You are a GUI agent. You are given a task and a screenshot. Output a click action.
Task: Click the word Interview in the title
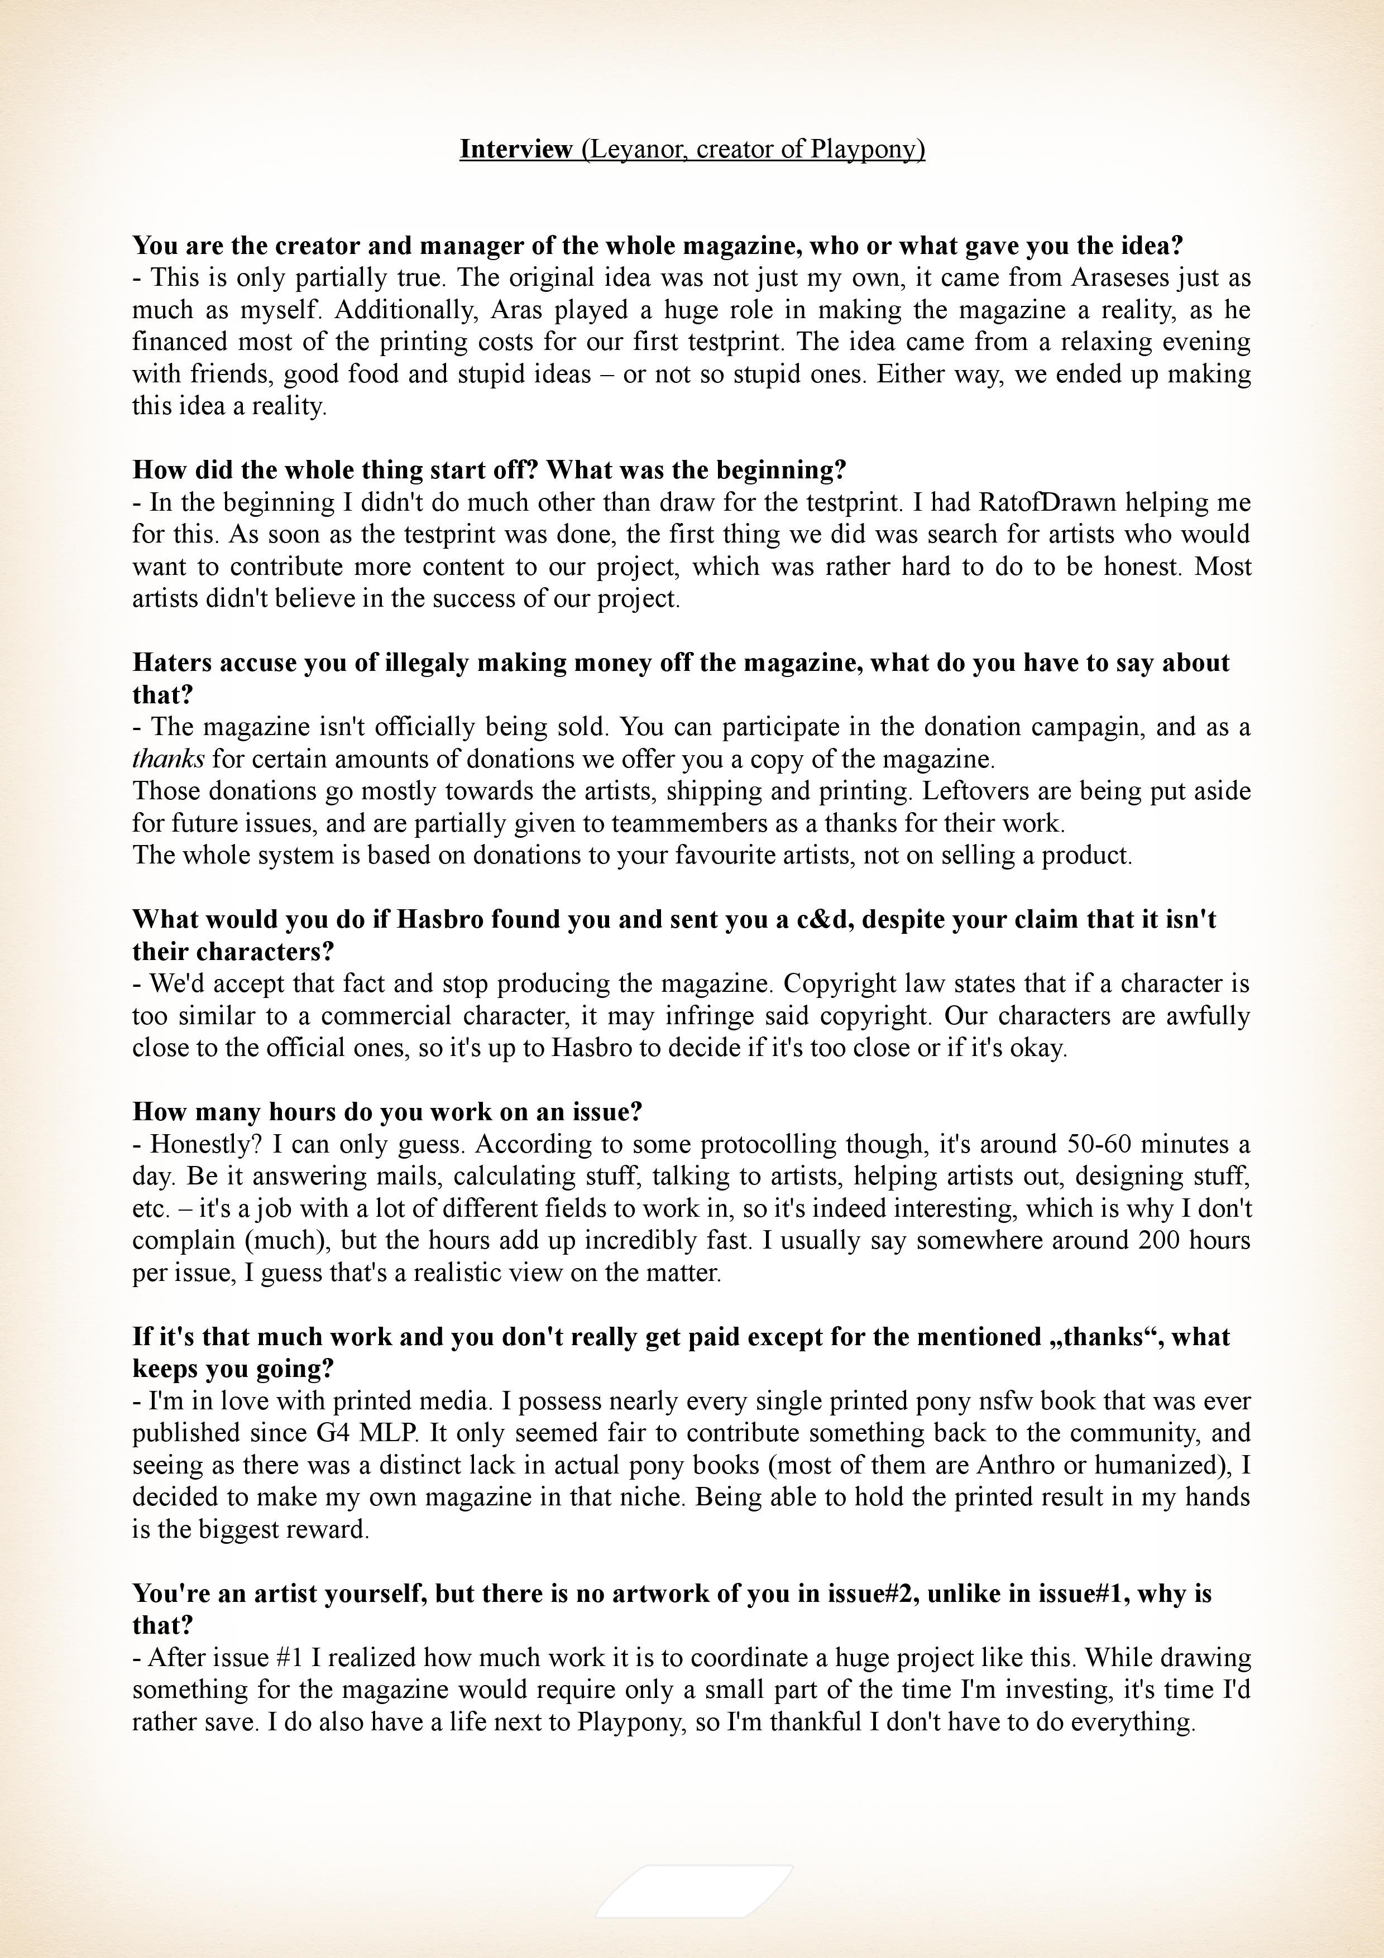pyautogui.click(x=516, y=149)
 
